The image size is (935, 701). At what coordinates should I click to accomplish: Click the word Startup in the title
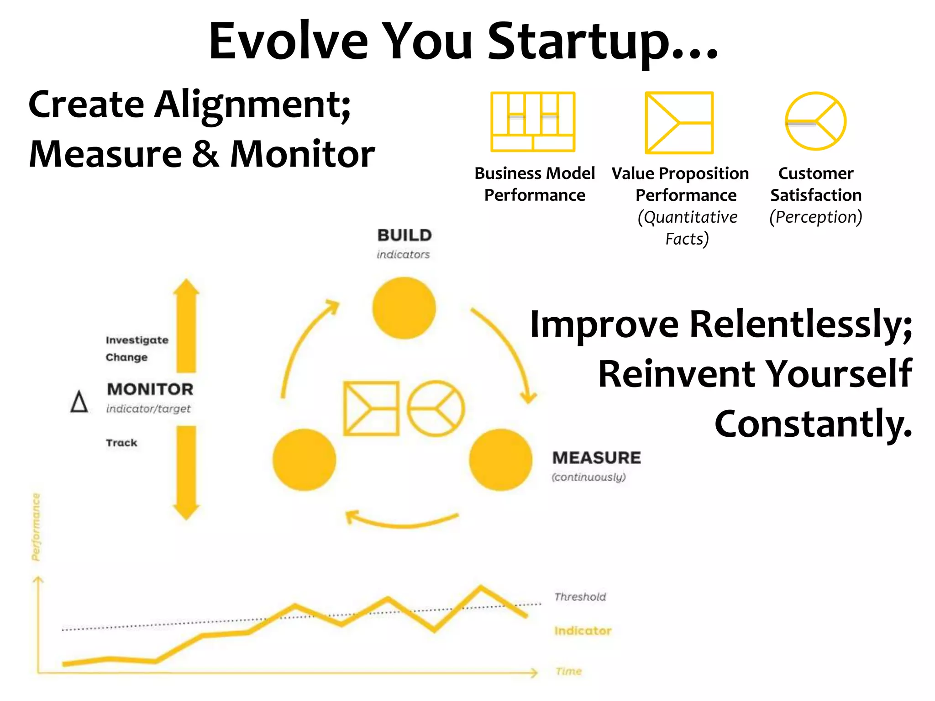(x=603, y=42)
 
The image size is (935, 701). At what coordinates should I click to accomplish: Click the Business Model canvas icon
(x=532, y=121)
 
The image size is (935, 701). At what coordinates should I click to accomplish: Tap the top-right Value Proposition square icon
(x=679, y=123)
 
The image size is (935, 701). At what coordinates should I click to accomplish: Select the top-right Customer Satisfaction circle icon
(x=815, y=121)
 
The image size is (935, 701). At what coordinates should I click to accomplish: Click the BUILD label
(x=404, y=235)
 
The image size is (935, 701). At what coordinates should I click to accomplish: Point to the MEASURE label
(x=596, y=458)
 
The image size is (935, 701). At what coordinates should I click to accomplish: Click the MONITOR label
(x=150, y=389)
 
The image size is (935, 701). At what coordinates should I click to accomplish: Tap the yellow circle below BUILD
(x=404, y=308)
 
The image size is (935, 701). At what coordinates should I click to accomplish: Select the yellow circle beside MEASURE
(x=501, y=460)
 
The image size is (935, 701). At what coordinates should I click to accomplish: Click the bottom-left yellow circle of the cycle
(x=304, y=460)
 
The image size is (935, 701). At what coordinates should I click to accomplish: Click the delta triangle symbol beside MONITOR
(x=79, y=402)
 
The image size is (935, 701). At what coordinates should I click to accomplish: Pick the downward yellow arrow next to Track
(x=186, y=472)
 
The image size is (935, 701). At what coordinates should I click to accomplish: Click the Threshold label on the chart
(x=580, y=597)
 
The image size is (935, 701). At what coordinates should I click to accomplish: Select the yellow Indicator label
(x=583, y=631)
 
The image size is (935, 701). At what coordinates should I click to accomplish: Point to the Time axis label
(x=569, y=671)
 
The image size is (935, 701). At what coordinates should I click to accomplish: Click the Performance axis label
(x=36, y=527)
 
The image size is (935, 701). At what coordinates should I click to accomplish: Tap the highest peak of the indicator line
(x=481, y=587)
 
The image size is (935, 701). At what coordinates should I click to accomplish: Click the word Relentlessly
(x=801, y=324)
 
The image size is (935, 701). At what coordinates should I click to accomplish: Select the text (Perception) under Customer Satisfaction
(x=816, y=217)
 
